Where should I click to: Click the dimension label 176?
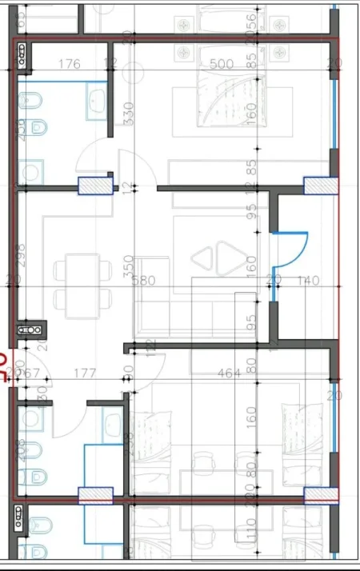pos(70,64)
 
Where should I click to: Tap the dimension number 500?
pos(221,64)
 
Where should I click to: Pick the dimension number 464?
pos(230,373)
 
